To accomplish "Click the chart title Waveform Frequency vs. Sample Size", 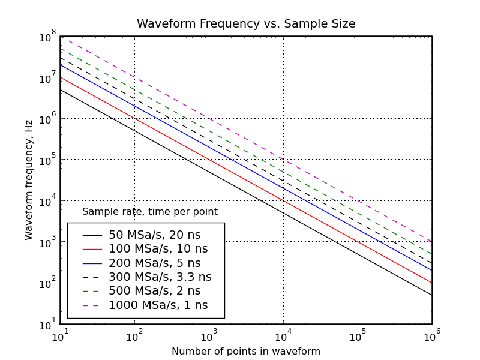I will pos(246,24).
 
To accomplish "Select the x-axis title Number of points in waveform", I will pos(246,352).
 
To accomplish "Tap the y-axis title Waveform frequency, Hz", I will pos(29,180).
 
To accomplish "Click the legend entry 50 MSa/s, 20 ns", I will pos(154,235).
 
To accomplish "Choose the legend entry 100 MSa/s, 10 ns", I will pos(158,249).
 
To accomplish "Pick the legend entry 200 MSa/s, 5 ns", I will pos(154,263).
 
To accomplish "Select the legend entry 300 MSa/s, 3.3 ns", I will pos(160,277).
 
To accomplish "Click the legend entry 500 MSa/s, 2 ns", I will pos(154,291).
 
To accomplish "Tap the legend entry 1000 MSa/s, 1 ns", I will pos(158,305).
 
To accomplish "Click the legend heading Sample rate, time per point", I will pos(149,212).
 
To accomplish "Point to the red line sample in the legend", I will pos(92,249).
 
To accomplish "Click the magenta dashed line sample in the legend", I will pos(92,305).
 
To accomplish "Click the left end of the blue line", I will pos(60,64).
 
